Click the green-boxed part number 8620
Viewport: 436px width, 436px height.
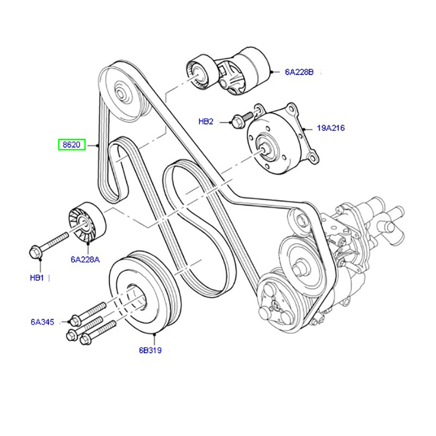72,145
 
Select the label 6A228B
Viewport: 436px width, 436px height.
299,71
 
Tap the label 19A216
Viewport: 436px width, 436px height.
331,129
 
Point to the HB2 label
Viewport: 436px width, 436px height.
206,122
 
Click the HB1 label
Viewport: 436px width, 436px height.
37,278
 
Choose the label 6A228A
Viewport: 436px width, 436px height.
85,259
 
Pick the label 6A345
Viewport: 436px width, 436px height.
43,322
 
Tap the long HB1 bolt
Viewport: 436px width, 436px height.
49,243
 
